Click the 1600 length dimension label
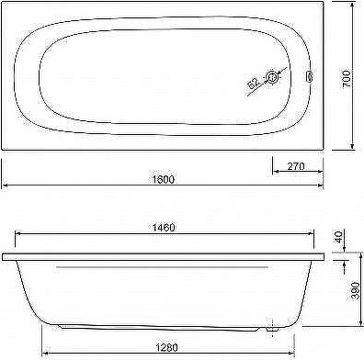pyautogui.click(x=163, y=179)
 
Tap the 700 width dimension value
pyautogui.click(x=347, y=79)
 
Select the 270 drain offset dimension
pyautogui.click(x=296, y=166)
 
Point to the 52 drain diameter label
pyautogui.click(x=253, y=84)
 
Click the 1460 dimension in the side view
pyautogui.click(x=164, y=228)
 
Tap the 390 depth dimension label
pyautogui.click(x=355, y=291)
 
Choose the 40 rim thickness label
pyautogui.click(x=338, y=237)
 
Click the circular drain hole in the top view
pyautogui.click(x=272, y=77)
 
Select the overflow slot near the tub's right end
pyautogui.click(x=309, y=76)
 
